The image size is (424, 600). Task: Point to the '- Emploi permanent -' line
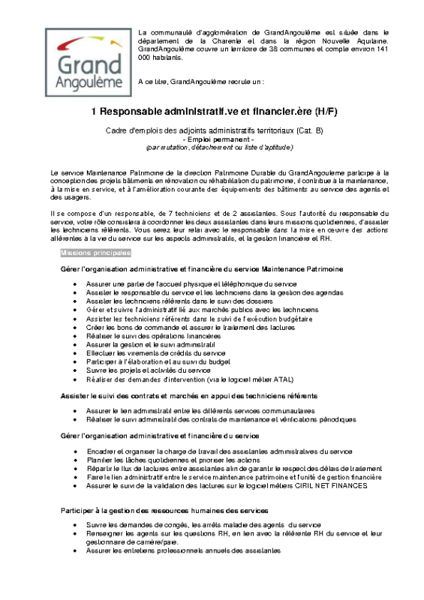tap(212, 139)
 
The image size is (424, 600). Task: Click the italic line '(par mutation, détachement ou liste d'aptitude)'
tap(212, 147)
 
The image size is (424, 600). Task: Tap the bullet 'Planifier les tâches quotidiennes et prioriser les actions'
tap(185, 460)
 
